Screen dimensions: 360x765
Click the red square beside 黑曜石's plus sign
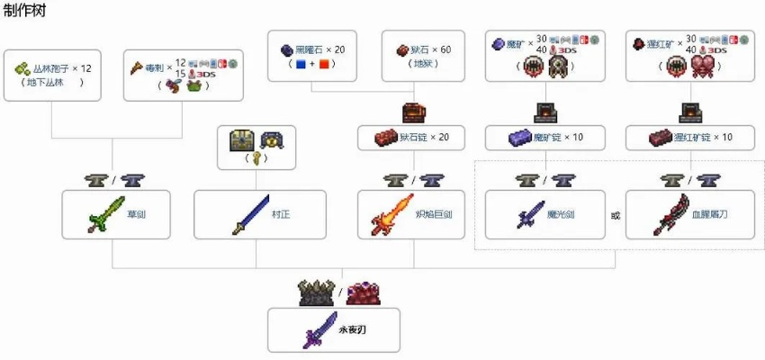pyautogui.click(x=326, y=65)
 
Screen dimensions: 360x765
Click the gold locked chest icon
pyautogui.click(x=242, y=139)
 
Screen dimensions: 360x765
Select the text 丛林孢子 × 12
pyautogui.click(x=64, y=68)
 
